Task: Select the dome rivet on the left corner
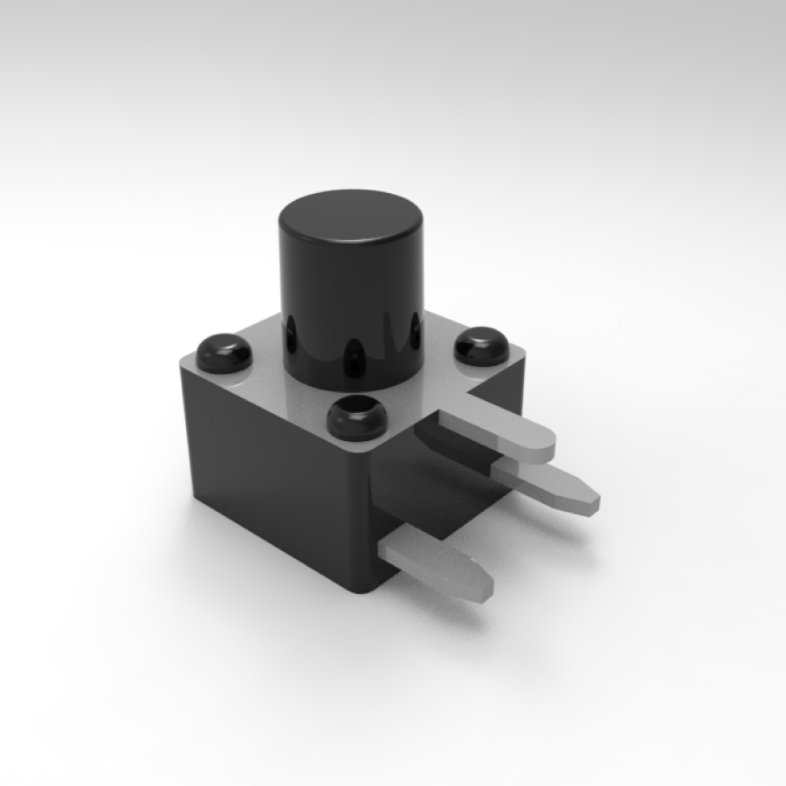coord(224,353)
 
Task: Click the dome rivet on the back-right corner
coord(482,346)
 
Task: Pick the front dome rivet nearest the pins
coord(356,417)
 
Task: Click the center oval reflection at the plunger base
coord(353,358)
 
